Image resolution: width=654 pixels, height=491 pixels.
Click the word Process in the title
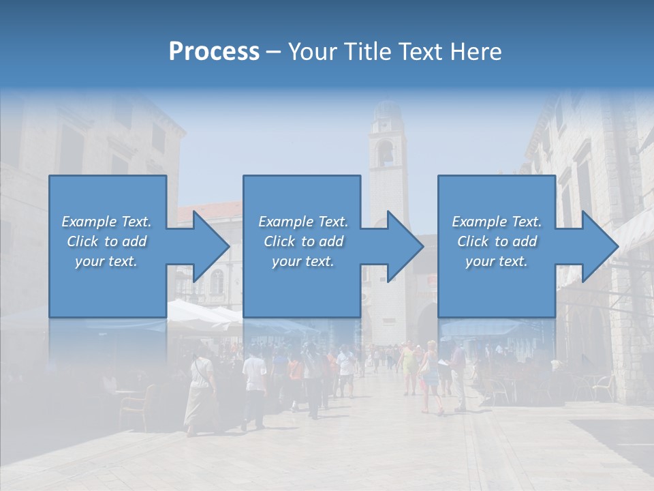click(x=214, y=51)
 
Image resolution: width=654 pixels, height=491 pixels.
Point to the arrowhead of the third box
click(x=599, y=246)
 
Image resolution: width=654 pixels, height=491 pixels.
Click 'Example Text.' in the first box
click(x=107, y=221)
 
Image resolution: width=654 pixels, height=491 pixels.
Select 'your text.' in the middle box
click(x=302, y=261)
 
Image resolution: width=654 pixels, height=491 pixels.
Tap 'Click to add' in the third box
click(x=497, y=241)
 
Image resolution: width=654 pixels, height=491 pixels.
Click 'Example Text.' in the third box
click(x=497, y=221)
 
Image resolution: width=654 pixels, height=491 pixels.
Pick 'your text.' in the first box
click(x=107, y=261)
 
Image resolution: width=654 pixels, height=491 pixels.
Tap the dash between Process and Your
click(x=274, y=52)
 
